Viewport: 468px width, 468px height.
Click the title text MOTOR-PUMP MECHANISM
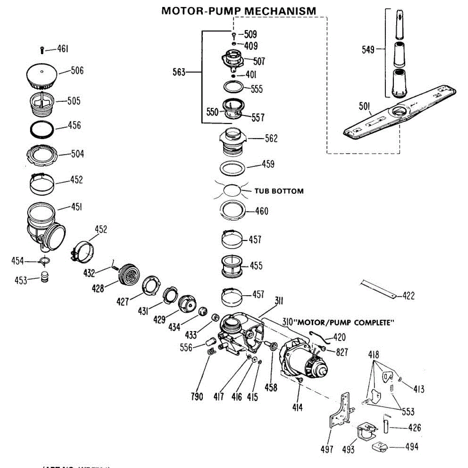[x=239, y=11]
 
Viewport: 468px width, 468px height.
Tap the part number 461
[x=63, y=49]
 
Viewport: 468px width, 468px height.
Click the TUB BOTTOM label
[x=279, y=191]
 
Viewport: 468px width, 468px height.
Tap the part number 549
[x=368, y=50]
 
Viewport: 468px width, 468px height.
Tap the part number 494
[x=411, y=447]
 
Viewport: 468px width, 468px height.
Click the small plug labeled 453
[x=46, y=277]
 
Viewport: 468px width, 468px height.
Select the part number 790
[x=197, y=397]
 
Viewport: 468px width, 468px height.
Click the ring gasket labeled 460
[x=233, y=211]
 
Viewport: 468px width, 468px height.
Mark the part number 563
[x=179, y=72]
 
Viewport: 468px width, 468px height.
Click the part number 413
[x=418, y=389]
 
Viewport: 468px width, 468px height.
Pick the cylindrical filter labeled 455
[x=232, y=267]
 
